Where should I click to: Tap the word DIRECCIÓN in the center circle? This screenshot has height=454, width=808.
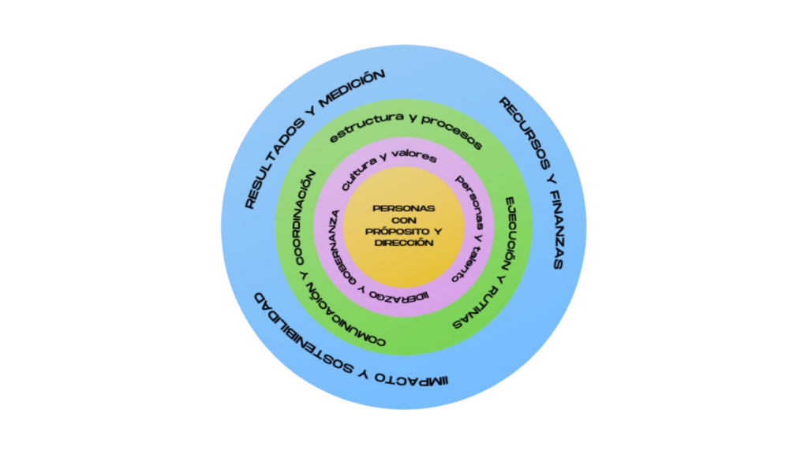pos(403,244)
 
